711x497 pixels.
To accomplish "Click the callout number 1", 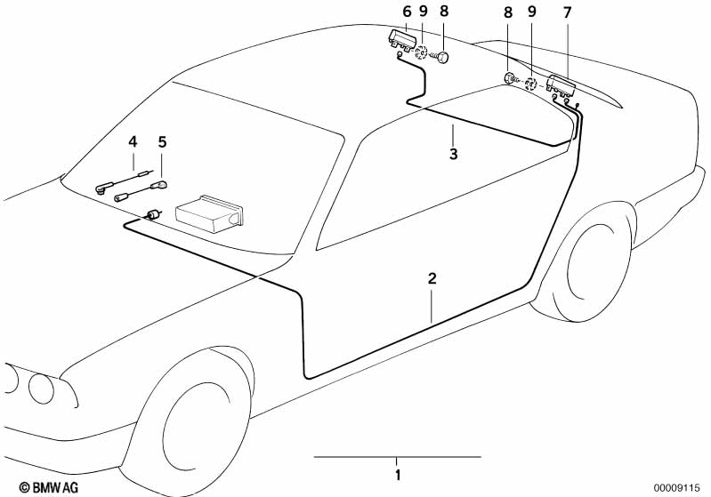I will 398,474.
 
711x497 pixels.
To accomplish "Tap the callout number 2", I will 432,278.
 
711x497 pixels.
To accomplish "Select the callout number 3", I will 453,154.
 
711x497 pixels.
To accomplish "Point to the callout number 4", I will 133,141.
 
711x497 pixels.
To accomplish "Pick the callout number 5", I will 162,141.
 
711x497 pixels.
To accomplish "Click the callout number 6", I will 406,12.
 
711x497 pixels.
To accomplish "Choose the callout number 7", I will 568,12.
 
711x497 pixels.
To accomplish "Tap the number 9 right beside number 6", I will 423,12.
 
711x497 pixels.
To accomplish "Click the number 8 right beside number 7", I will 508,12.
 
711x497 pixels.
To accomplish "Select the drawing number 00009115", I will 681,487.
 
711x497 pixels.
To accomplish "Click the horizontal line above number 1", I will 397,457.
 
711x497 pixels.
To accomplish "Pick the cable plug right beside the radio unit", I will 154,213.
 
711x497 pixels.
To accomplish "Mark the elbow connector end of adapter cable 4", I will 101,188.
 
